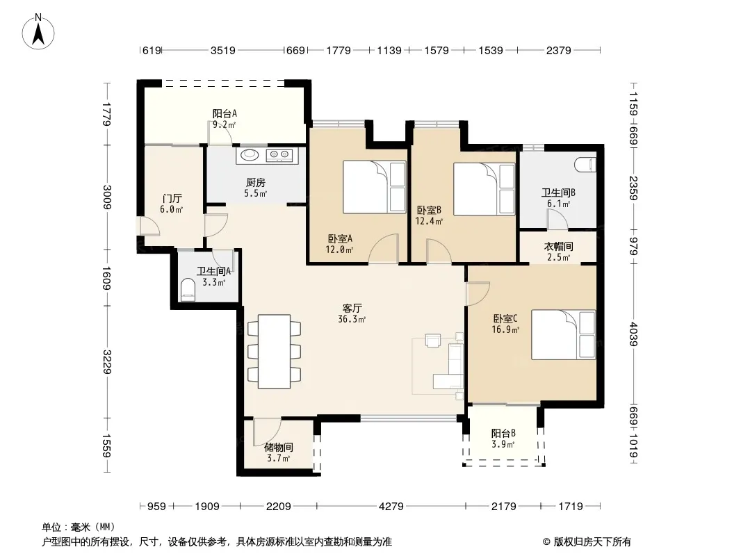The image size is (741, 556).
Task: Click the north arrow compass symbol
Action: pyautogui.click(x=38, y=32)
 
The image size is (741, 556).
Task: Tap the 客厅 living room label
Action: pyautogui.click(x=352, y=309)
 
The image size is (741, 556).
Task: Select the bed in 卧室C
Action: pyautogui.click(x=563, y=335)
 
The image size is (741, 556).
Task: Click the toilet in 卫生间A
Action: pyautogui.click(x=188, y=290)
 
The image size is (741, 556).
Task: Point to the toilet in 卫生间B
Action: pyautogui.click(x=585, y=165)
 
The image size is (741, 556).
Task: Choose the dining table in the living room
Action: pyautogui.click(x=274, y=352)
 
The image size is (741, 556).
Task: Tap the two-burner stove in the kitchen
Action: pyautogui.click(x=279, y=154)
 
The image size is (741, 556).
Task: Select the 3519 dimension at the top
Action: pyautogui.click(x=222, y=50)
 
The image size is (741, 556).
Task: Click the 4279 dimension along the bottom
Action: pyautogui.click(x=391, y=507)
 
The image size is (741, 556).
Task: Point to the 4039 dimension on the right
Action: pyautogui.click(x=634, y=334)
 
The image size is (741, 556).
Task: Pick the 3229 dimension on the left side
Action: pyautogui.click(x=107, y=362)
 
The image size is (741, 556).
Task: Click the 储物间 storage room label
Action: pyautogui.click(x=279, y=447)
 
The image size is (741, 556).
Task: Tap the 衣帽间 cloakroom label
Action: pyautogui.click(x=559, y=246)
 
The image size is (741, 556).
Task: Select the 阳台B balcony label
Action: pyautogui.click(x=503, y=433)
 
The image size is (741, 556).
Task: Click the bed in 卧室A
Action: pyautogui.click(x=374, y=187)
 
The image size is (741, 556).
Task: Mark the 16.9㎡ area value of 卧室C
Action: pyautogui.click(x=505, y=329)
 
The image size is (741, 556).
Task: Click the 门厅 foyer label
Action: pyautogui.click(x=172, y=198)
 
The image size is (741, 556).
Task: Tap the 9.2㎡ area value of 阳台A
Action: pyautogui.click(x=224, y=124)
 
